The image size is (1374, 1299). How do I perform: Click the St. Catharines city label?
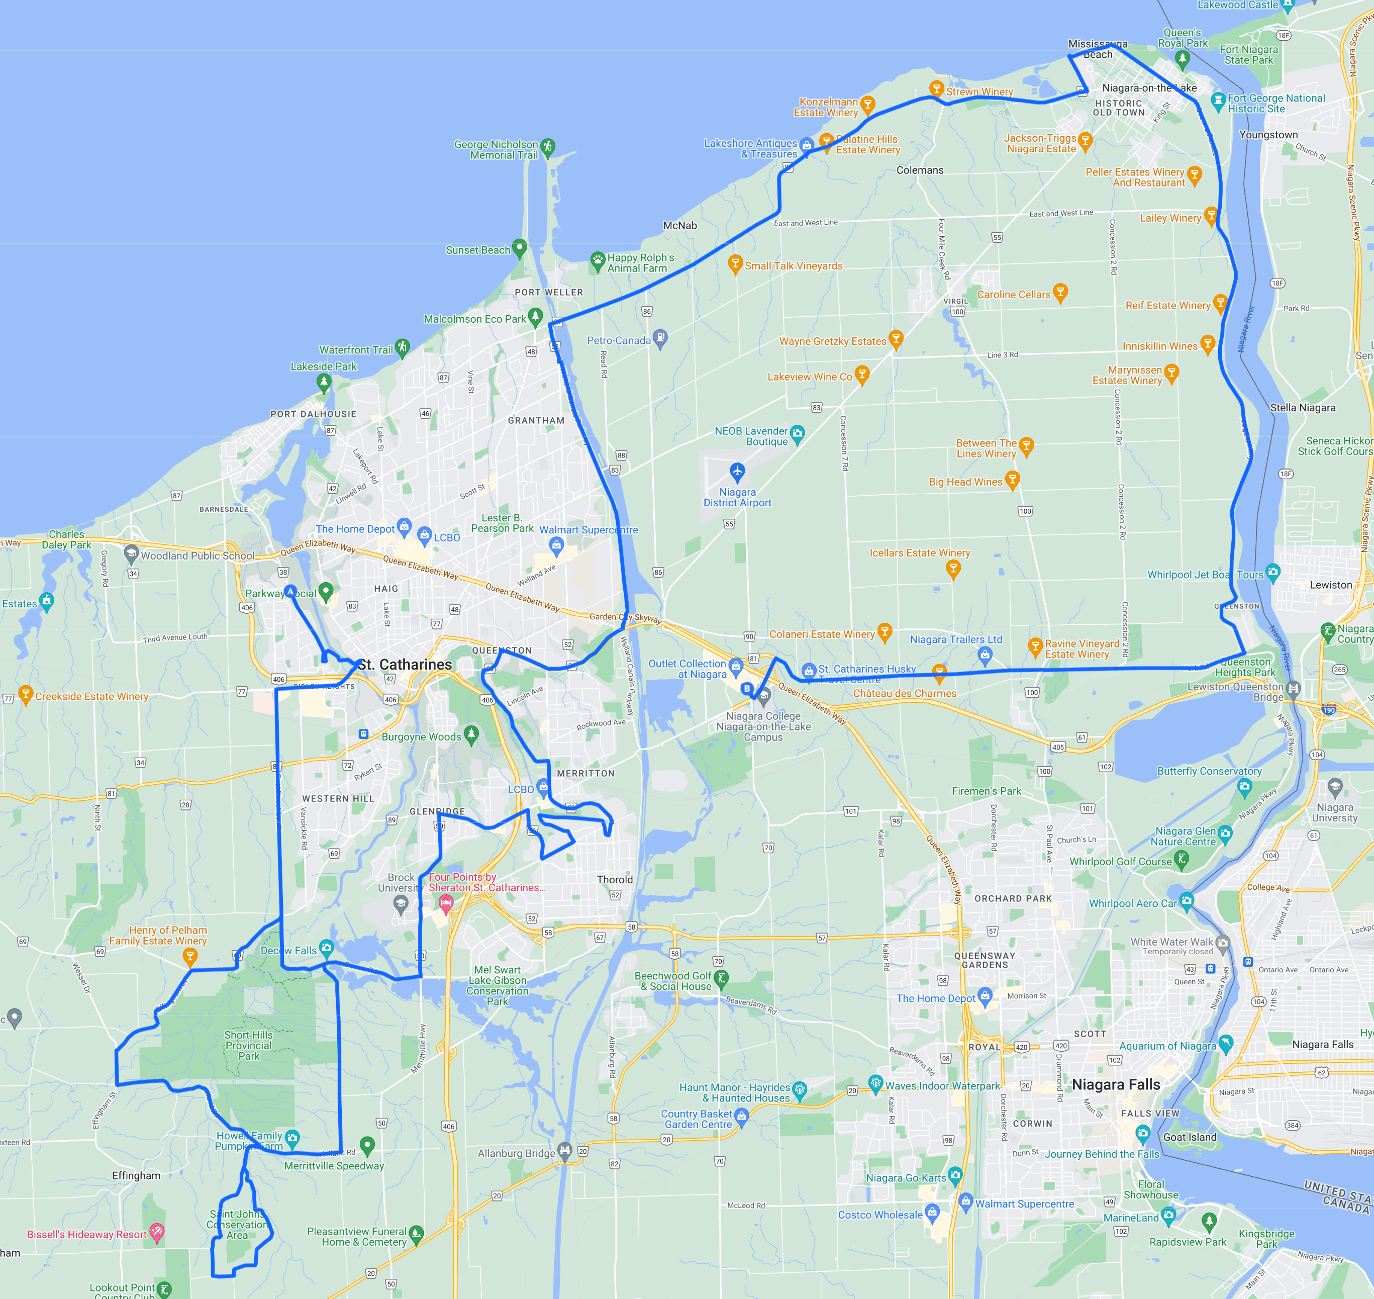[x=405, y=665]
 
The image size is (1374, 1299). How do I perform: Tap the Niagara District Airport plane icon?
[x=737, y=472]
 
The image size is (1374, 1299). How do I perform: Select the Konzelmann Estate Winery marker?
[x=867, y=104]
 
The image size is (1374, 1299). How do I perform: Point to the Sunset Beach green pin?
[x=519, y=247]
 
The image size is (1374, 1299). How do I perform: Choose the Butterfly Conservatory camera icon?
[x=1244, y=785]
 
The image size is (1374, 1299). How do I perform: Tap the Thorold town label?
[x=615, y=879]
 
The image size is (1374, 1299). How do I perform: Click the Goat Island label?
[x=1190, y=1137]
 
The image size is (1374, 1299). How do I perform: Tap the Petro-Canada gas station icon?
[x=660, y=338]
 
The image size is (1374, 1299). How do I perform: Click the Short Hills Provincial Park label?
[x=248, y=1046]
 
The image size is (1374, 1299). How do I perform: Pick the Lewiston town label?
[x=1330, y=585]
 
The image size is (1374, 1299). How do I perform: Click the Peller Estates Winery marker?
[x=1194, y=174]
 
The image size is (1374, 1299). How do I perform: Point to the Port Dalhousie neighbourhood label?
[x=314, y=414]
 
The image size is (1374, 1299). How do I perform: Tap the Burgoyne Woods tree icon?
[x=471, y=733]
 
